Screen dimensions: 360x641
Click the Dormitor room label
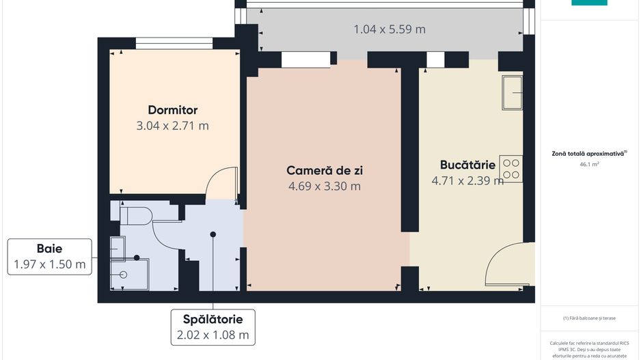pyautogui.click(x=173, y=110)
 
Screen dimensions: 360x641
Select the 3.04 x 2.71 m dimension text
pyautogui.click(x=173, y=126)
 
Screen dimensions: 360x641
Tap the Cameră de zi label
pyautogui.click(x=325, y=170)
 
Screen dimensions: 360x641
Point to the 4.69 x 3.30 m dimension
pyautogui.click(x=325, y=186)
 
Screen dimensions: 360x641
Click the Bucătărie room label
pyautogui.click(x=467, y=165)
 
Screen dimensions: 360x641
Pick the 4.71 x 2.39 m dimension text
pyautogui.click(x=467, y=180)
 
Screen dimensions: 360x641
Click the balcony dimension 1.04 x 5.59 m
pyautogui.click(x=390, y=29)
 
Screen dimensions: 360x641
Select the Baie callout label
pyautogui.click(x=49, y=249)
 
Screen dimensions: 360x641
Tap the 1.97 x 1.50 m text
pyautogui.click(x=50, y=264)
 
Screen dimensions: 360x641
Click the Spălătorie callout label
pyautogui.click(x=213, y=319)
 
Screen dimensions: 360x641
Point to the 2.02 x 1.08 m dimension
pyautogui.click(x=213, y=335)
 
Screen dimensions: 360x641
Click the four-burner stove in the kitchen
pyautogui.click(x=511, y=169)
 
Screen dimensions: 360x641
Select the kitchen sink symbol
pyautogui.click(x=512, y=93)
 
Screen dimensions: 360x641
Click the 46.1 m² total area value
pyautogui.click(x=589, y=165)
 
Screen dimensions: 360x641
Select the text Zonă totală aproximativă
pyautogui.click(x=588, y=154)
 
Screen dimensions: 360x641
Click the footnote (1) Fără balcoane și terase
pyautogui.click(x=589, y=318)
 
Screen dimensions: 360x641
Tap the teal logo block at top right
pyautogui.click(x=589, y=3)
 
